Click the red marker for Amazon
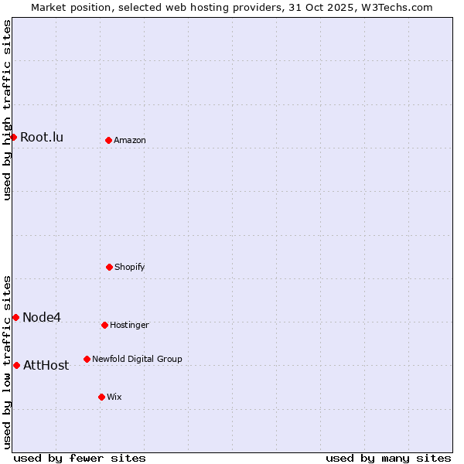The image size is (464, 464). pos(108,140)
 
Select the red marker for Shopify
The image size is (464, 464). pos(109,267)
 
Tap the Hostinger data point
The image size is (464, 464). pos(104,325)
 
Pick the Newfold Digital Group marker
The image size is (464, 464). pos(87,359)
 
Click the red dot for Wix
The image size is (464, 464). pos(101,397)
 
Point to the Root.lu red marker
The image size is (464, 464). pos(13,137)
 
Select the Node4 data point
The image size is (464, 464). pos(15,317)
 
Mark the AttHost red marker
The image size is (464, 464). pos(16,365)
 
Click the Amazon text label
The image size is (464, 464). pos(130,141)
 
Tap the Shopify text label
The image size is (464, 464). pos(130,268)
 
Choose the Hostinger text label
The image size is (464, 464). pos(129,326)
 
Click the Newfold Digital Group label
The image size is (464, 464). pos(137,360)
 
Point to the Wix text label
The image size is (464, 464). pos(114,397)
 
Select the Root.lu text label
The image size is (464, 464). pos(42,138)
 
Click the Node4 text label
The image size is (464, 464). pos(42,318)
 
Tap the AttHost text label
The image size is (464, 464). pos(46,366)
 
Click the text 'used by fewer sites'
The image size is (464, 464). pos(80,458)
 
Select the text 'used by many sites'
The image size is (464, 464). pos(388,458)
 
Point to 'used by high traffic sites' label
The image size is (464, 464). pos(7,111)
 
